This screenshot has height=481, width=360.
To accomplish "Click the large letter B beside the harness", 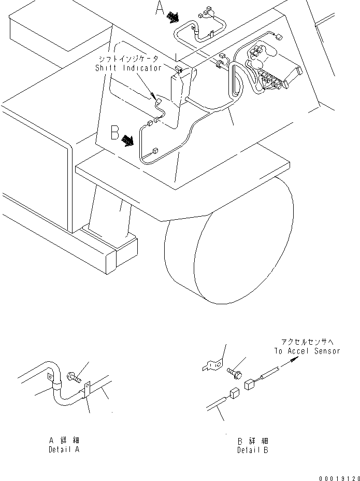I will [x=115, y=134].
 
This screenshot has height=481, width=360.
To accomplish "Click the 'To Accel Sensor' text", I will [x=307, y=351].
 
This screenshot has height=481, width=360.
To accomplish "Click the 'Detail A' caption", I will [x=64, y=450].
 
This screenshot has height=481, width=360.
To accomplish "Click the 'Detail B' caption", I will [x=253, y=450].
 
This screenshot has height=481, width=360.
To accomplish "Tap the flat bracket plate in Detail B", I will [x=212, y=366].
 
